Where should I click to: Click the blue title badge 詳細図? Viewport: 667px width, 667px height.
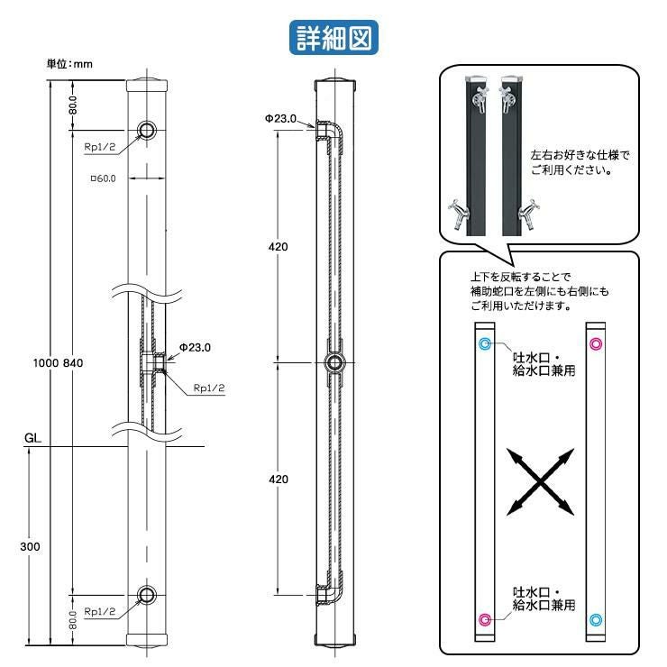point(333,38)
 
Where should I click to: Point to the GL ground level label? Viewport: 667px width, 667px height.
point(33,439)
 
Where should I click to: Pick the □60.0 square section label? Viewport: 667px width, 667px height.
point(104,178)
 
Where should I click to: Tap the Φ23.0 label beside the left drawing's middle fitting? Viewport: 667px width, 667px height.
point(194,346)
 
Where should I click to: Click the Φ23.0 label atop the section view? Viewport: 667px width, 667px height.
point(281,118)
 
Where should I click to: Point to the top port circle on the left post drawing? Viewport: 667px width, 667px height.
point(147,131)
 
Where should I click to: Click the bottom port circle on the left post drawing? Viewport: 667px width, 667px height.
point(147,594)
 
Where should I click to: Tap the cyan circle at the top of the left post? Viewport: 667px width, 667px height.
point(485,344)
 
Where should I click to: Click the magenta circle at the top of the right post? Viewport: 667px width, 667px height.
point(595,344)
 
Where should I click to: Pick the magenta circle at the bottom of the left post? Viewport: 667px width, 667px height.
point(485,619)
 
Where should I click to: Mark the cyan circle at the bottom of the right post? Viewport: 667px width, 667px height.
point(595,619)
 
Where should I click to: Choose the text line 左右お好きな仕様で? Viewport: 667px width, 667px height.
point(580,154)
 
